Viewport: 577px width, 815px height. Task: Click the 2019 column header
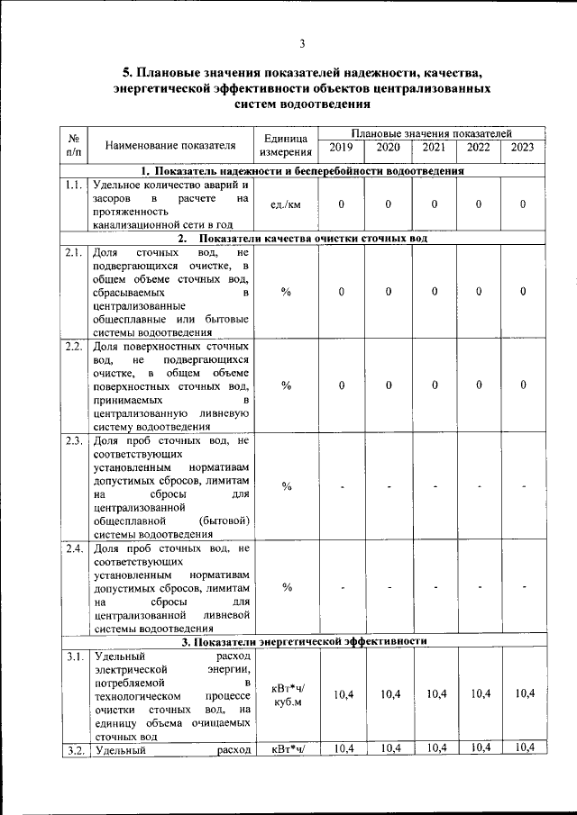click(342, 148)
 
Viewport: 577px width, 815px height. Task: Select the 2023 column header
click(523, 148)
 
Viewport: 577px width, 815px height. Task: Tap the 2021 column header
click(434, 148)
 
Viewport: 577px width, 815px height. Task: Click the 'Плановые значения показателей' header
click(431, 132)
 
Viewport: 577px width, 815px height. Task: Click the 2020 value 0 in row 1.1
click(388, 204)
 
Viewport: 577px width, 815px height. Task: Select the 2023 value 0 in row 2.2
click(523, 385)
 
